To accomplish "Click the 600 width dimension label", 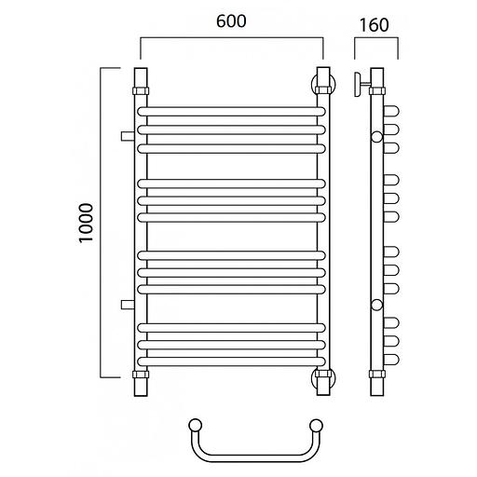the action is click(231, 21).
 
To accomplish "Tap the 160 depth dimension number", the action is click(374, 25).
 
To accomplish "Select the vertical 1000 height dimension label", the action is click(86, 223).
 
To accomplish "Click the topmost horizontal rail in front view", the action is click(231, 112).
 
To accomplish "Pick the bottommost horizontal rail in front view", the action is click(231, 361).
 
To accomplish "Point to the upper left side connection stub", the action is click(128, 136).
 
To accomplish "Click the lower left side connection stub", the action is click(128, 305).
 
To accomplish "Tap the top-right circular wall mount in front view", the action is click(323, 83).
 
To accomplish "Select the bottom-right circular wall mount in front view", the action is click(323, 378).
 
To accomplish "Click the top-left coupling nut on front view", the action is click(141, 91).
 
